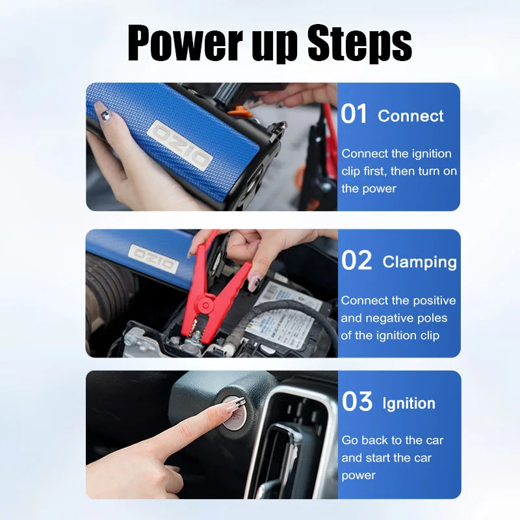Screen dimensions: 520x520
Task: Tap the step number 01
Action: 355,114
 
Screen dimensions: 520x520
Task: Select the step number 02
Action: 357,261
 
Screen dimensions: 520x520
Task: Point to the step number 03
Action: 357,402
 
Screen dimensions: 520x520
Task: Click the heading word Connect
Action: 411,116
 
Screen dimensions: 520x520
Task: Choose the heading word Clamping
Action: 419,263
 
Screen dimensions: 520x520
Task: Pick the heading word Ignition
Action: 408,404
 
